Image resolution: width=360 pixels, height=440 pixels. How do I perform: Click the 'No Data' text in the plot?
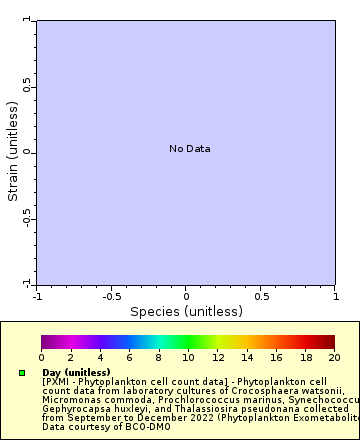(190, 149)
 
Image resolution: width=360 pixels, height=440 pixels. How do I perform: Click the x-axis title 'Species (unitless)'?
(186, 311)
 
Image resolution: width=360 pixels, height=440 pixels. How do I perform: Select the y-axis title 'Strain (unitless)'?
(13, 151)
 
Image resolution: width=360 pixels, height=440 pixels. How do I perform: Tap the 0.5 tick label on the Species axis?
(260, 296)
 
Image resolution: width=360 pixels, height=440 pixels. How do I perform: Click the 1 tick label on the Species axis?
(334, 296)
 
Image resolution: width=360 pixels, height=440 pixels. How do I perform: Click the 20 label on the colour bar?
(334, 357)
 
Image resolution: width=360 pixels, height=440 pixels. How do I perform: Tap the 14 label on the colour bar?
(247, 357)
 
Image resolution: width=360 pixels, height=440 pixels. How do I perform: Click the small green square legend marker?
(21, 373)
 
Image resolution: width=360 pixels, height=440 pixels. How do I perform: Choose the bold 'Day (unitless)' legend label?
(76, 373)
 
